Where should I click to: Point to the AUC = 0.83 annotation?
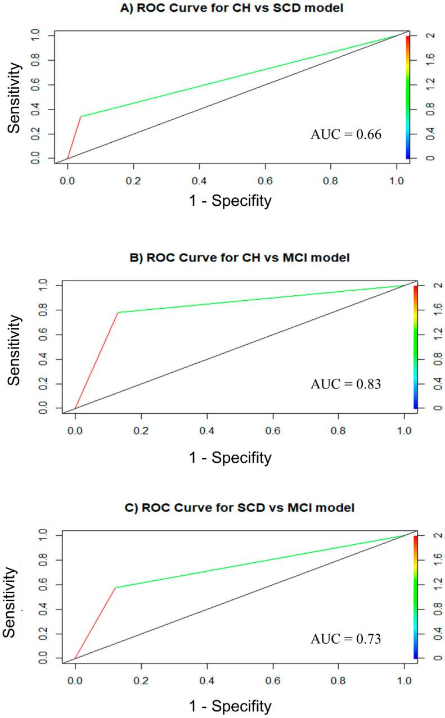pos(346,385)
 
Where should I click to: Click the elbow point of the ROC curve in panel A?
pos(81,116)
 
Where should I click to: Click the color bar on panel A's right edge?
pos(407,97)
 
